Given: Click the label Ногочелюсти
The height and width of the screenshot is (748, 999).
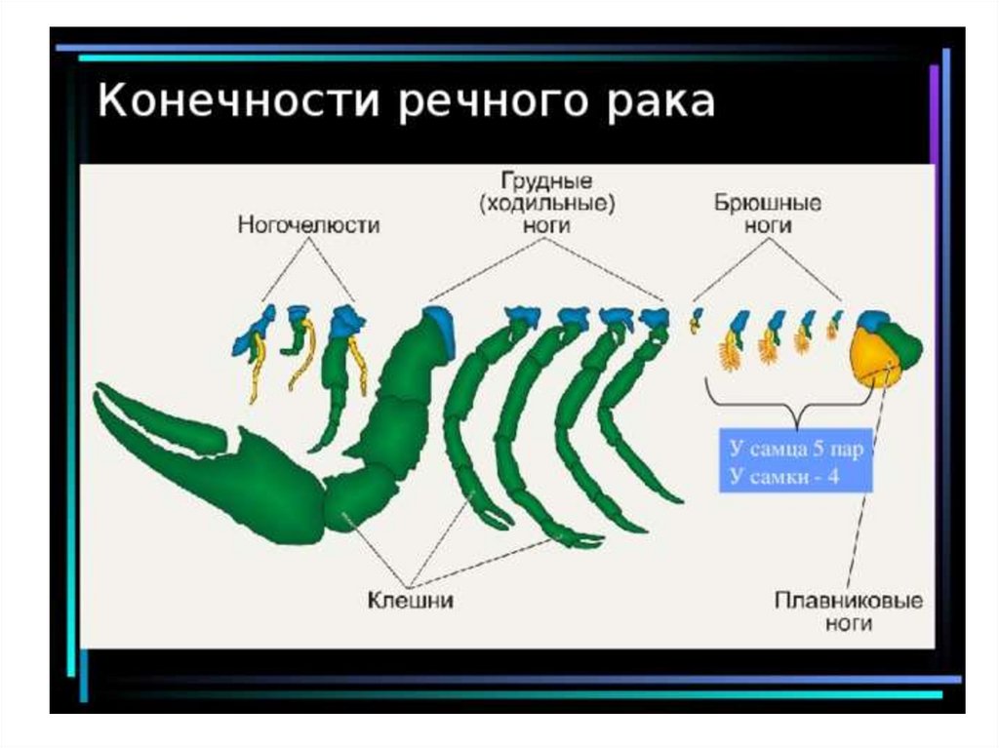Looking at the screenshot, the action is click(308, 224).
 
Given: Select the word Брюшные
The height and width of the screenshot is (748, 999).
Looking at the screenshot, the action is click(768, 204).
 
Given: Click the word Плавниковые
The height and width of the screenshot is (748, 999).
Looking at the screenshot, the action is click(848, 601).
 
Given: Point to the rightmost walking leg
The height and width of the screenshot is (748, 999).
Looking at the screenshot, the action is click(634, 410).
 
